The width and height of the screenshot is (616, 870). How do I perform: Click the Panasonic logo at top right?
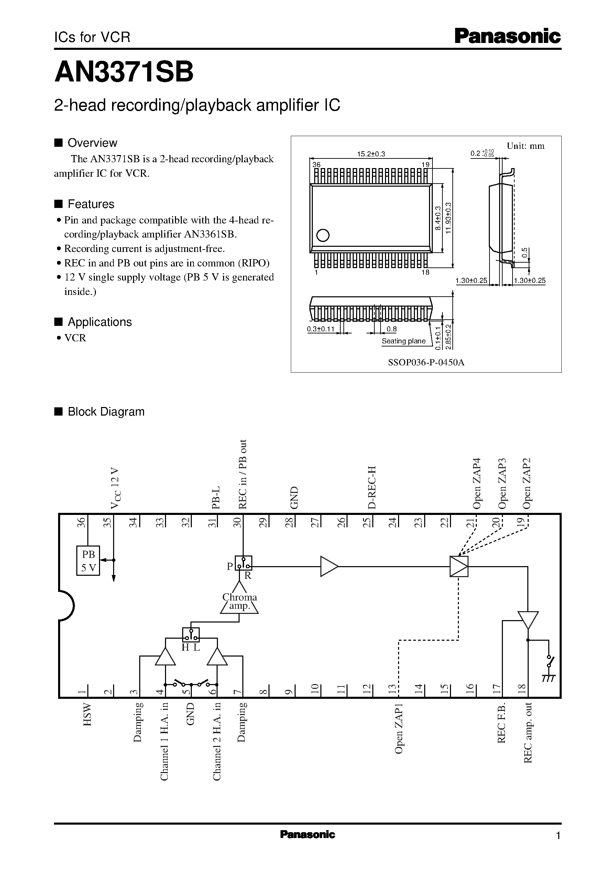tap(507, 36)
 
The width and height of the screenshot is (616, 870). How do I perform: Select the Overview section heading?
tap(92, 143)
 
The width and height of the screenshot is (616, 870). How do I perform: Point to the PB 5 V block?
tap(88, 561)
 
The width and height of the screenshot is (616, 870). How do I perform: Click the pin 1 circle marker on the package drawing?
tap(322, 235)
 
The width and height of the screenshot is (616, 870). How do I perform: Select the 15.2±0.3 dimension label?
tap(371, 154)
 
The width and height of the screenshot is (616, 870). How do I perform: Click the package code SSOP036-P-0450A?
tap(426, 362)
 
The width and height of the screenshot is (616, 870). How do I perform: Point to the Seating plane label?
tap(403, 341)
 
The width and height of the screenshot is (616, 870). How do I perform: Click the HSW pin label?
tap(87, 715)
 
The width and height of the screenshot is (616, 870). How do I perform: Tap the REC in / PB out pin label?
tap(242, 474)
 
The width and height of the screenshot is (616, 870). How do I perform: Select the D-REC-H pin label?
tap(372, 487)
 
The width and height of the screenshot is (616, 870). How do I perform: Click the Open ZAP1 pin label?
tap(398, 728)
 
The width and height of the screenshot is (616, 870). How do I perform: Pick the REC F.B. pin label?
tap(502, 723)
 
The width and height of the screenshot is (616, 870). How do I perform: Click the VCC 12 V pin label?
tap(115, 488)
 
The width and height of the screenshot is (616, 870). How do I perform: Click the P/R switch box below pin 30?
tap(243, 563)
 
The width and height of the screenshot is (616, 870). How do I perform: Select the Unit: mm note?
tap(525, 146)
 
